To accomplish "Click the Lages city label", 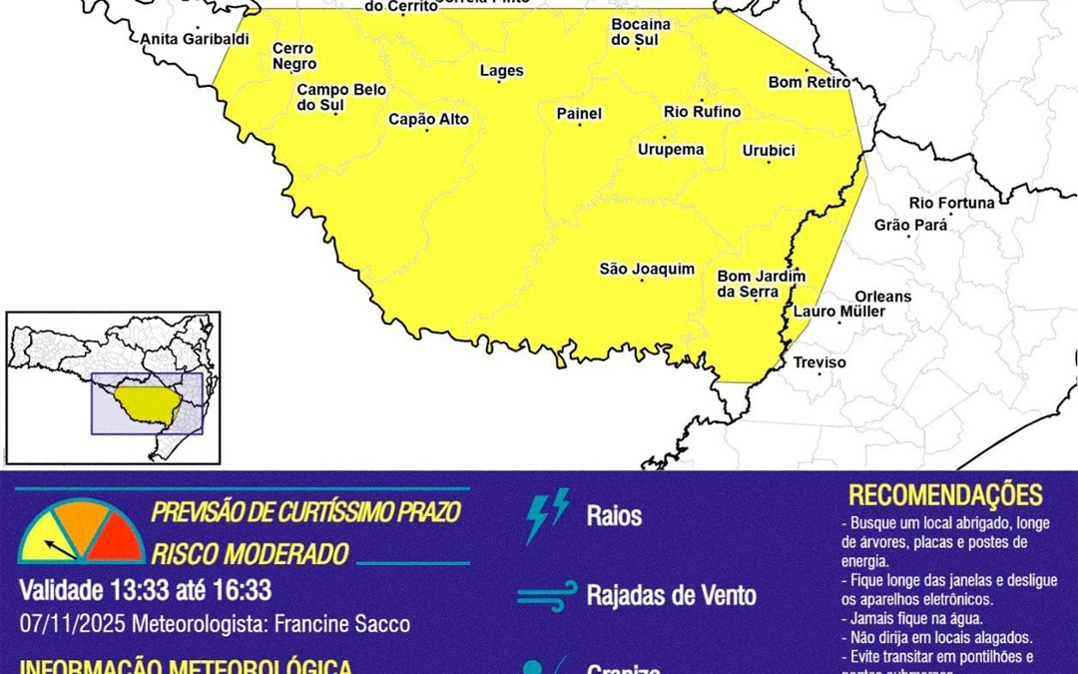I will (501, 71).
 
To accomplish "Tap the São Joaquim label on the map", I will (647, 269).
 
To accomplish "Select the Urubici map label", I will (769, 151).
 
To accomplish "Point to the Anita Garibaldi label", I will (195, 40).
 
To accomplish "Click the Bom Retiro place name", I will (808, 82).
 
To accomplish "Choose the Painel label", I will (579, 114).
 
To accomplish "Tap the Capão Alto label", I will (428, 120).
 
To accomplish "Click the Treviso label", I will (818, 362).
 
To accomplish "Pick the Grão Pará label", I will (910, 225).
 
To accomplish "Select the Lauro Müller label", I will (838, 312).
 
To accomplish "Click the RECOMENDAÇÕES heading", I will (945, 495).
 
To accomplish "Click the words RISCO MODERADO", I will (250, 554).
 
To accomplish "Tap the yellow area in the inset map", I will (147, 402).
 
